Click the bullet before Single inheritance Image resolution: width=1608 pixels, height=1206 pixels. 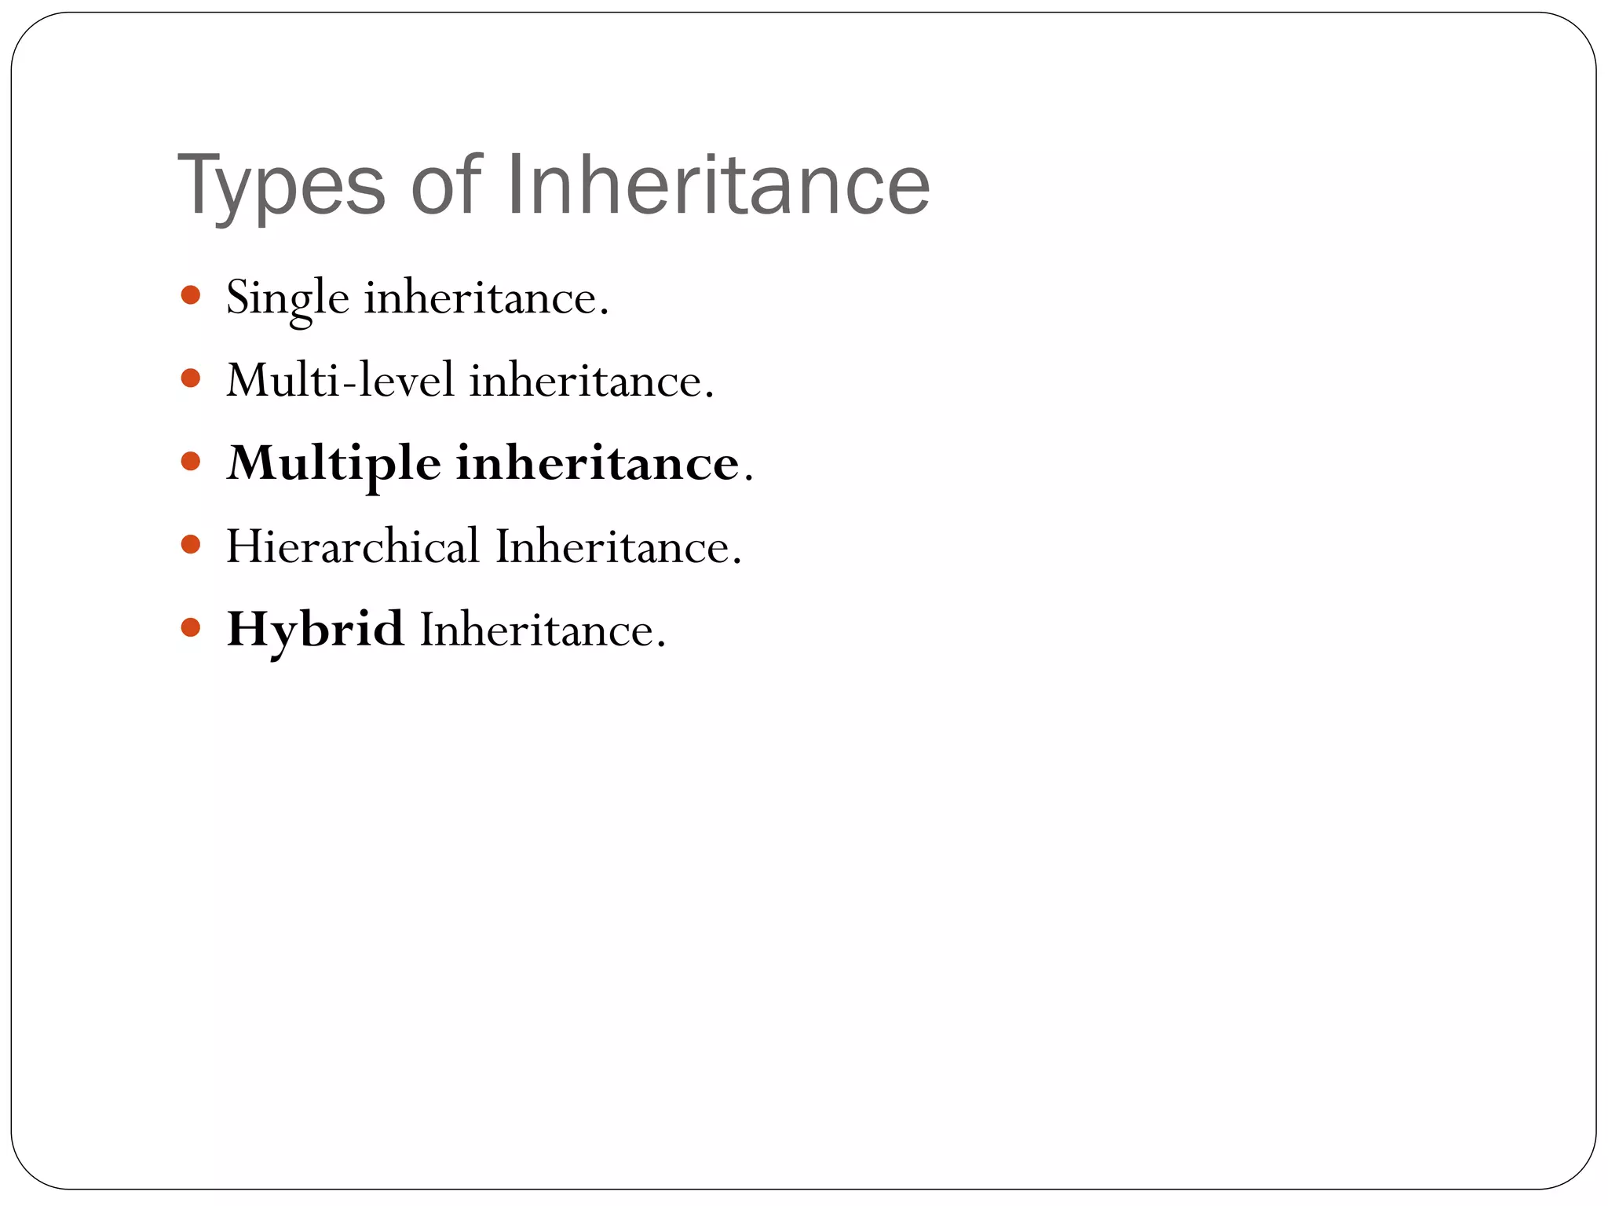pyautogui.click(x=190, y=296)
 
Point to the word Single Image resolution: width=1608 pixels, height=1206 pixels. pyautogui.click(x=287, y=299)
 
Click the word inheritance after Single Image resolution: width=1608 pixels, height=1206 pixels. pyautogui.click(x=481, y=298)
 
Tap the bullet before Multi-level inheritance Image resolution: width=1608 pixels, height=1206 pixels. pyautogui.click(x=190, y=379)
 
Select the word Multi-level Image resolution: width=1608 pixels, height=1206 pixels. pyautogui.click(x=340, y=381)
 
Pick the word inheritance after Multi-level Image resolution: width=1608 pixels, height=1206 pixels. pyautogui.click(x=587, y=381)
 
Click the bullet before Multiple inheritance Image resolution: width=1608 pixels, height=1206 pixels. pyautogui.click(x=190, y=461)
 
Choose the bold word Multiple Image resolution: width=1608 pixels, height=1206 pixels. pyautogui.click(x=334, y=463)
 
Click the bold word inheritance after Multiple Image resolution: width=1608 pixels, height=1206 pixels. pyautogui.click(x=598, y=463)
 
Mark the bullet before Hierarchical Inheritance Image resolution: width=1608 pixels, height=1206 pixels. pyautogui.click(x=190, y=544)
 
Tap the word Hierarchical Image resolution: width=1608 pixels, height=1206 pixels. pyautogui.click(x=353, y=546)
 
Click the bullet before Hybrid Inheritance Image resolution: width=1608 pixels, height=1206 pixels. pyautogui.click(x=190, y=627)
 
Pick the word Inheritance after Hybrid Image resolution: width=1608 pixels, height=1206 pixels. pyautogui.click(x=537, y=630)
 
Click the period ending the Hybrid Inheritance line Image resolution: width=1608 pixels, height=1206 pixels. pyautogui.click(x=661, y=645)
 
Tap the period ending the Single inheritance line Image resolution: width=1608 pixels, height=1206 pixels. pyautogui.click(x=604, y=312)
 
